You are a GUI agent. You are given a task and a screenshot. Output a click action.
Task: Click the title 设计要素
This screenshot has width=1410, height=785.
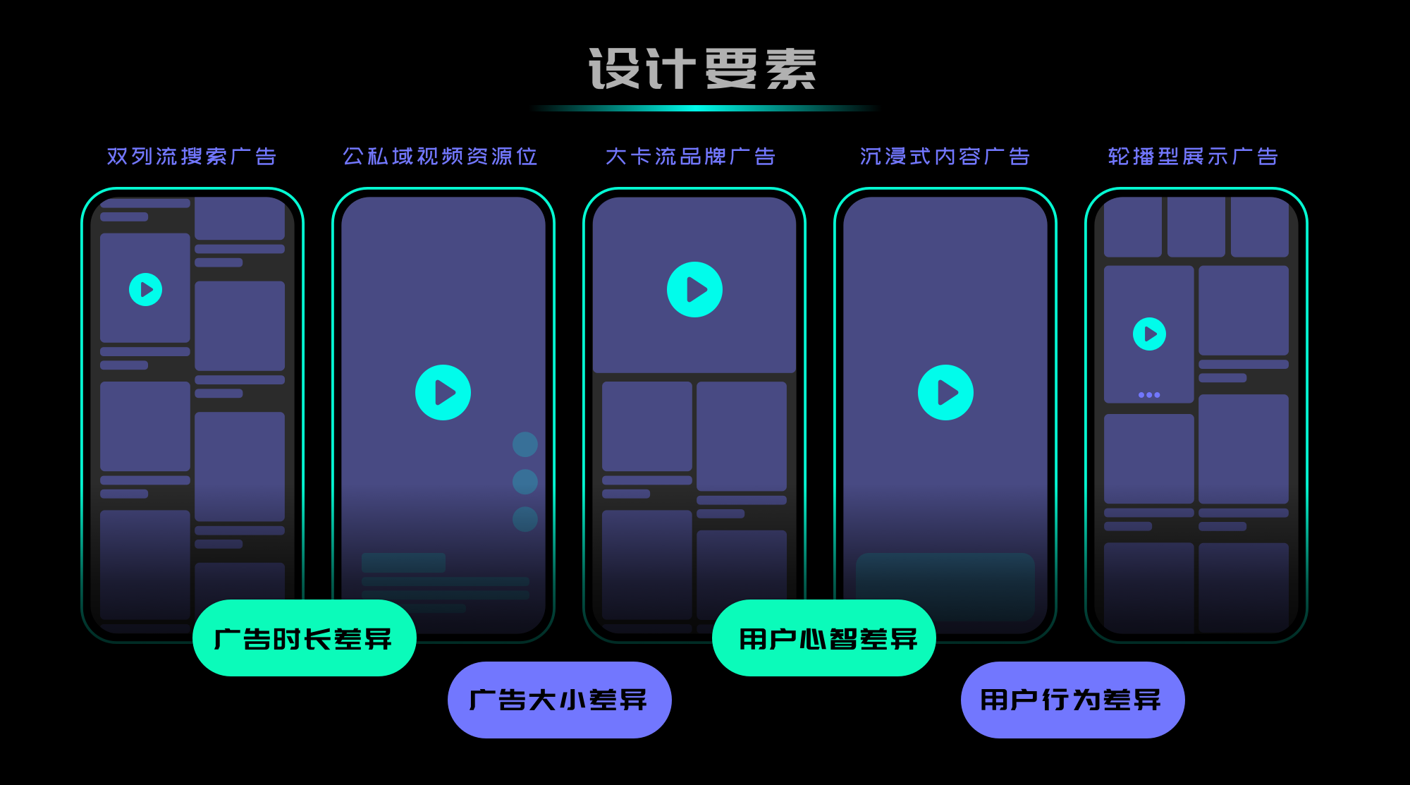click(702, 69)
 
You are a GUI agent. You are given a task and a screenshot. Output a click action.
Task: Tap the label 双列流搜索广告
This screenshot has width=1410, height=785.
click(191, 156)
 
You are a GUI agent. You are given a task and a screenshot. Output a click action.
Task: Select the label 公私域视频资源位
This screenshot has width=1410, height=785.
click(440, 156)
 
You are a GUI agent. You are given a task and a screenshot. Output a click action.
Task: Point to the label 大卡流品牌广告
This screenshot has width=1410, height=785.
click(690, 156)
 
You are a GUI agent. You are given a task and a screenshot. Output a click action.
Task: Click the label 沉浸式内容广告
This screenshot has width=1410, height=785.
click(945, 156)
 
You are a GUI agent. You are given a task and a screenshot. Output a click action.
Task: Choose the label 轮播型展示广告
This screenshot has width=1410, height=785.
click(1193, 156)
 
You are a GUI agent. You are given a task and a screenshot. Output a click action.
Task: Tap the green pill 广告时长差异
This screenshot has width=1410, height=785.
click(304, 638)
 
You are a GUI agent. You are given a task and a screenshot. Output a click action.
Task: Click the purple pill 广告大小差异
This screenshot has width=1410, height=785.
click(559, 700)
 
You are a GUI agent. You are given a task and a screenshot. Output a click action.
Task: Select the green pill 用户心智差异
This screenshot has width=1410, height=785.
click(823, 638)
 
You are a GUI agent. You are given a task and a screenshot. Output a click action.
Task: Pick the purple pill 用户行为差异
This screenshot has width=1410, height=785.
click(1072, 700)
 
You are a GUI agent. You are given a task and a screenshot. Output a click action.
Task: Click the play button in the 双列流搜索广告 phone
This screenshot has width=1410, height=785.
click(146, 289)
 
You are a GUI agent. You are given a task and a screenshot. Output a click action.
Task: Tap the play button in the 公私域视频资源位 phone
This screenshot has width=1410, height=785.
click(443, 392)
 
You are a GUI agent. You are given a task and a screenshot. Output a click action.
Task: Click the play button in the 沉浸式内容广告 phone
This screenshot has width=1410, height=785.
click(945, 392)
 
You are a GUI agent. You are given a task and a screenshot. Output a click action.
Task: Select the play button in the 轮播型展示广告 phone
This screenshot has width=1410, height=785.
click(1149, 334)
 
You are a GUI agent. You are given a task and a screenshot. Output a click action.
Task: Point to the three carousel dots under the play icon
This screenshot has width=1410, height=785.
click(1149, 395)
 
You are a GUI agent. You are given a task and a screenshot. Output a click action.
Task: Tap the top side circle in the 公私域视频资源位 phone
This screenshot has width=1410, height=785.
click(525, 444)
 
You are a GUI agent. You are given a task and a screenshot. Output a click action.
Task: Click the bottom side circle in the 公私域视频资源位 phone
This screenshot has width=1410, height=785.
click(525, 519)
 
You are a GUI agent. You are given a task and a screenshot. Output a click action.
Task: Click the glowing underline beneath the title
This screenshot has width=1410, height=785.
click(705, 109)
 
